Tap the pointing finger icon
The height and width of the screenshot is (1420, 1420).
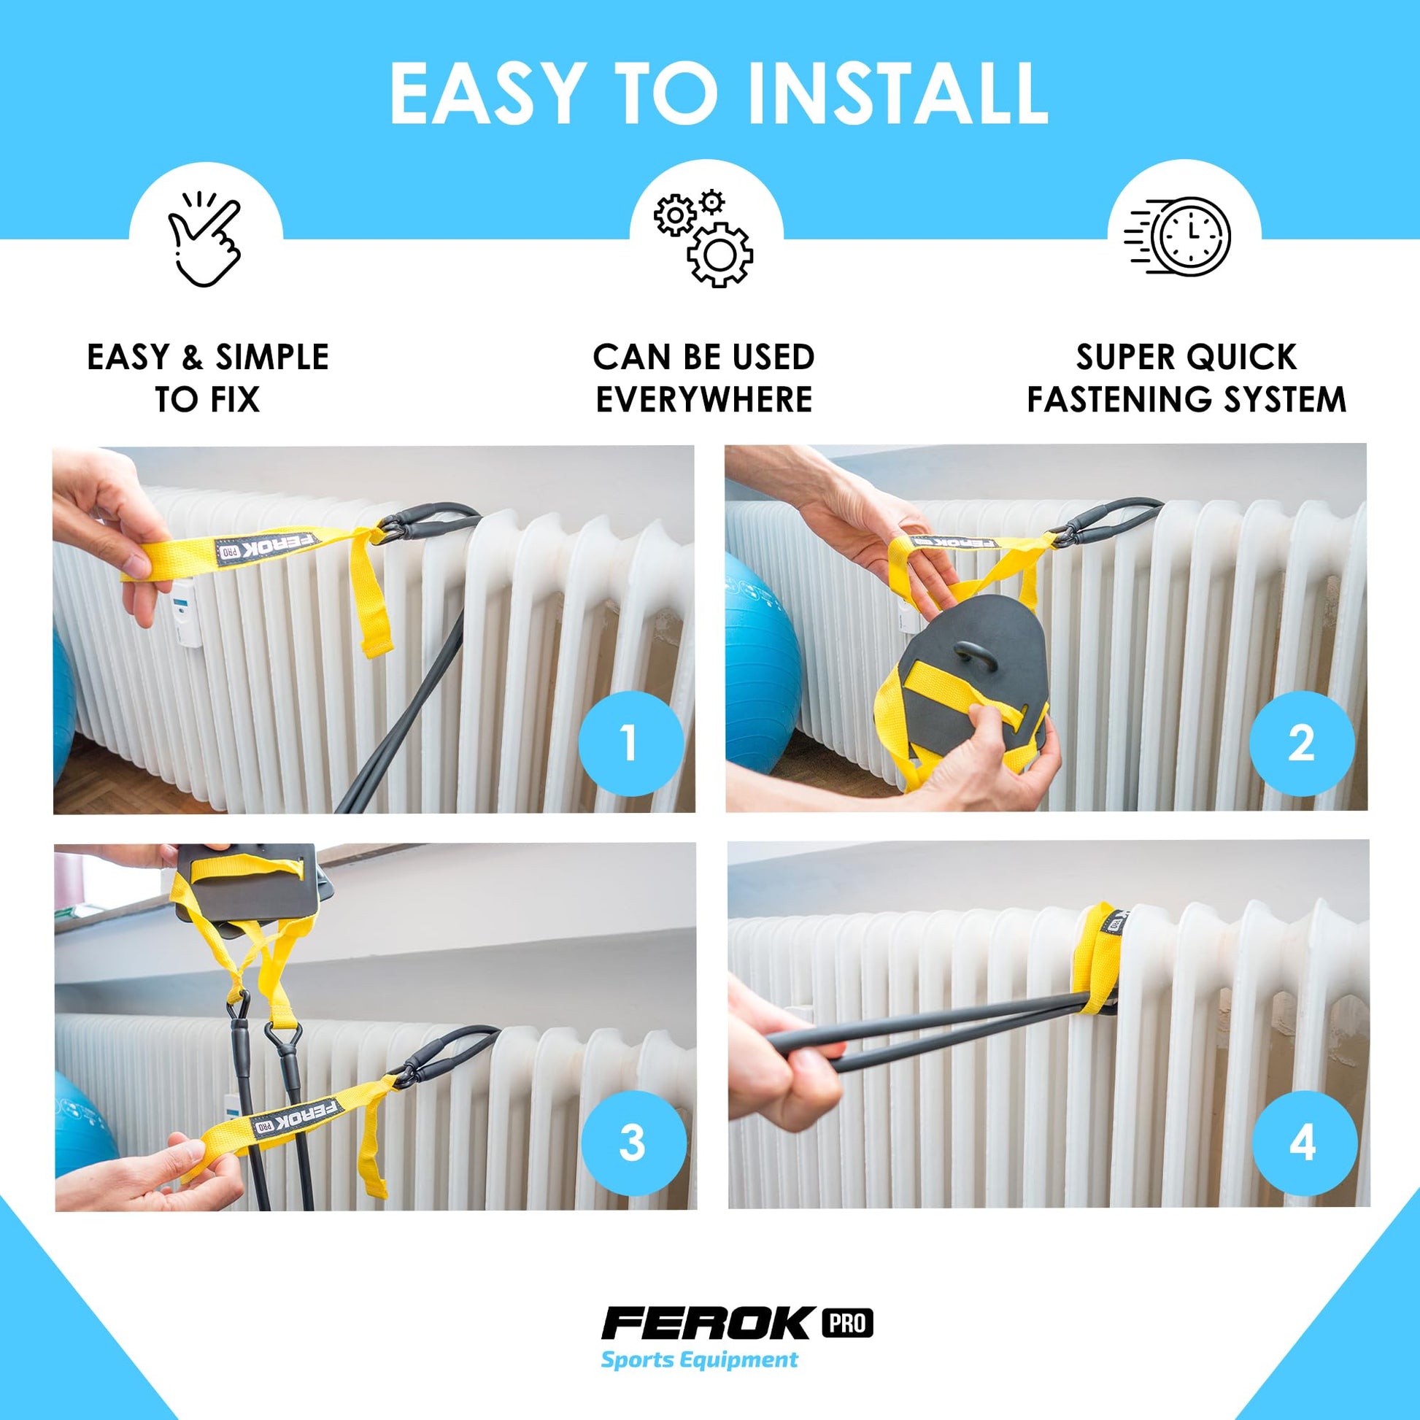coord(205,239)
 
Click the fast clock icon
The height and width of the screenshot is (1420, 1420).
coord(1177,236)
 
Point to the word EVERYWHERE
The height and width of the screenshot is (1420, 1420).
coord(704,399)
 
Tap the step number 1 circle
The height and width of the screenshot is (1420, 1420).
coord(630,743)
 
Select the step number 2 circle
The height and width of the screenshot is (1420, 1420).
coord(1302,743)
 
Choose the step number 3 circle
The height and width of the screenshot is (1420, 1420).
coord(633,1143)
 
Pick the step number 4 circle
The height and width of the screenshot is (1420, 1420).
coord(1304,1143)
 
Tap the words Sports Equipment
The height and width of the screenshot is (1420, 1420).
coord(699,1359)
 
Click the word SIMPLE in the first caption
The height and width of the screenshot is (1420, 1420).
coord(272,358)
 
